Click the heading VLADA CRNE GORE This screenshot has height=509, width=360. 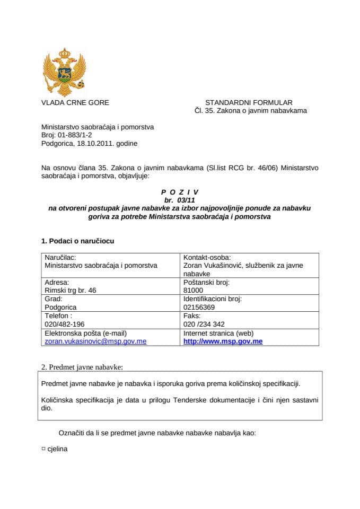[75, 102]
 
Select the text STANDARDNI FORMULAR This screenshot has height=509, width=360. [249, 102]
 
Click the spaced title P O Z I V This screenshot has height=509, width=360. [180, 192]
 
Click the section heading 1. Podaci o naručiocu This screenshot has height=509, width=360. [77, 241]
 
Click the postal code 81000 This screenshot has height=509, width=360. [192, 290]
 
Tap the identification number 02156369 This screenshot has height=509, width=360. [199, 307]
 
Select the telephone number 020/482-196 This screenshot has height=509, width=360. [65, 324]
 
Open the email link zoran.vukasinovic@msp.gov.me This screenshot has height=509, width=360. [95, 341]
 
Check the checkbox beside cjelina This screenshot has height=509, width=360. [43, 448]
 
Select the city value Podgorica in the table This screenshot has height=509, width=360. [62, 307]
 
